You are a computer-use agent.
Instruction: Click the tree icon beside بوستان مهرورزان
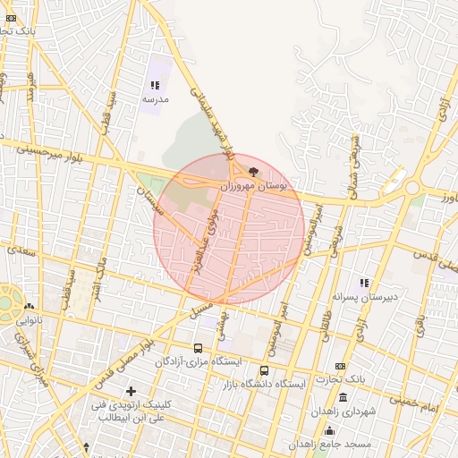point(254,172)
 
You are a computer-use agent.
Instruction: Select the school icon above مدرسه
point(155,85)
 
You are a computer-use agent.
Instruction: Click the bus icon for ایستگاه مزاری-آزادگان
point(198,348)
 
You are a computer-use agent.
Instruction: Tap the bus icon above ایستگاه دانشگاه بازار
point(264,370)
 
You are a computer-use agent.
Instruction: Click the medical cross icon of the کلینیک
point(131,391)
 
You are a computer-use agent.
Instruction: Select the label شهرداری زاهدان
point(340,412)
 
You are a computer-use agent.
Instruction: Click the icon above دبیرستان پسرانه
point(364,283)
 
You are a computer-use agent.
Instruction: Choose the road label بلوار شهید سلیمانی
point(212,117)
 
